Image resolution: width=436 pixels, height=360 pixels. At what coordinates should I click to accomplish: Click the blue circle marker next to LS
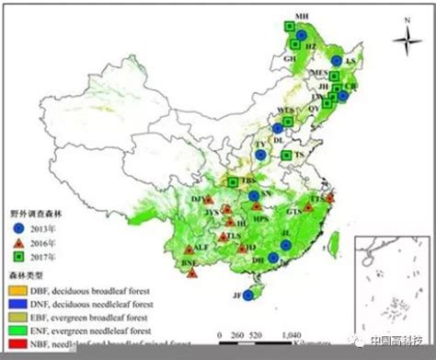click(x=338, y=61)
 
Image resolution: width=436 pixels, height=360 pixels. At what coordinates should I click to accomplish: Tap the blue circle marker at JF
click(x=247, y=295)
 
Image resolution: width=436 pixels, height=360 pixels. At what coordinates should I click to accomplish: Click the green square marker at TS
click(x=286, y=156)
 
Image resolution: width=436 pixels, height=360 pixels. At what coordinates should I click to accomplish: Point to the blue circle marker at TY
click(x=260, y=155)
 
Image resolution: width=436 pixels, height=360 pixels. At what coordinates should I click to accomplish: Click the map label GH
click(x=290, y=58)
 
